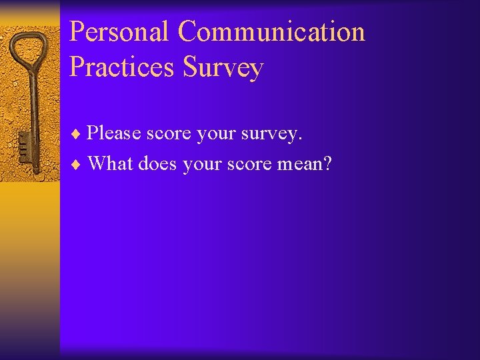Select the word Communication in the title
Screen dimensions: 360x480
(272, 32)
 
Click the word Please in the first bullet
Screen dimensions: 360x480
(114, 133)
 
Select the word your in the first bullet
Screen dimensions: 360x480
(217, 135)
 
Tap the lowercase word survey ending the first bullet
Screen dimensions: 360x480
(273, 135)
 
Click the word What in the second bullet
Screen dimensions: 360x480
(111, 163)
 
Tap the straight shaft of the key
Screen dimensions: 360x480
(31, 107)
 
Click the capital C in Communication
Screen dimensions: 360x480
(188, 32)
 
